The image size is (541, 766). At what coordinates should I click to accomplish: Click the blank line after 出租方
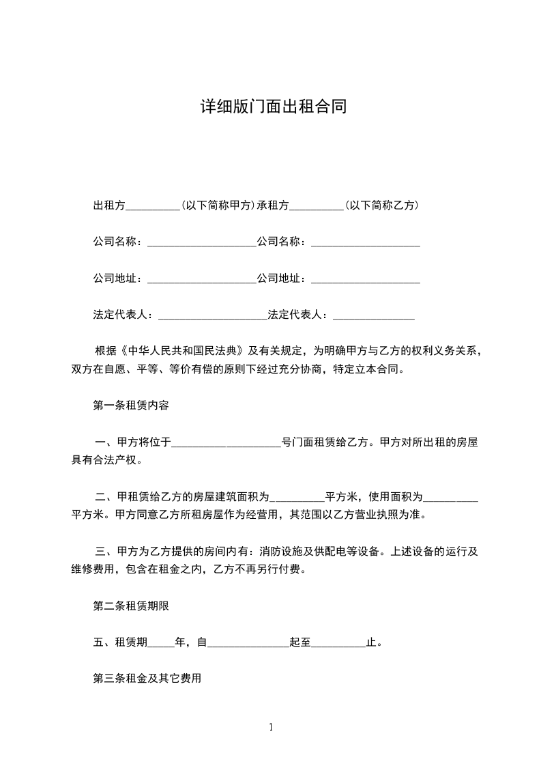tap(153, 205)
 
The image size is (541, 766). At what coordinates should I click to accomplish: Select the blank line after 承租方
tap(317, 205)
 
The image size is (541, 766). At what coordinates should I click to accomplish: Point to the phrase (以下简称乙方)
tap(381, 205)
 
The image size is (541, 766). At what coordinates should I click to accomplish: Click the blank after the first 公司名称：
tap(201, 242)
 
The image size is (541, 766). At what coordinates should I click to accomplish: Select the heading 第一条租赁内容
tap(130, 405)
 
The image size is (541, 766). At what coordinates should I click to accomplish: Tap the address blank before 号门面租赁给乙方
tap(226, 442)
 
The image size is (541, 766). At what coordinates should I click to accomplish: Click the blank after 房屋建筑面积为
tap(297, 496)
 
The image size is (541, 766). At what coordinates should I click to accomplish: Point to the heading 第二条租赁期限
tap(130, 605)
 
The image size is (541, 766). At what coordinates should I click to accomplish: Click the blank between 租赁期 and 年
tap(161, 642)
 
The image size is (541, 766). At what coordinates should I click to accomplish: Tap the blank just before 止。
tap(338, 642)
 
